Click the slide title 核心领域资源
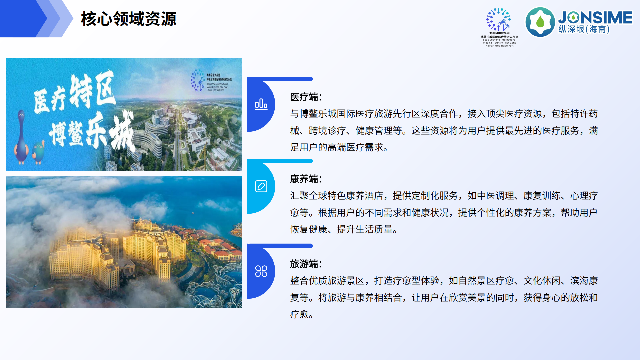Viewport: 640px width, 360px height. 129,19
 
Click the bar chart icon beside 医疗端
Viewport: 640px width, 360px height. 261,104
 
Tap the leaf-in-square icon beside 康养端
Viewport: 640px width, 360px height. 261,186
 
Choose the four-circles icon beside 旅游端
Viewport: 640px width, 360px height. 261,271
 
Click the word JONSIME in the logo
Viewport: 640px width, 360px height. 595,17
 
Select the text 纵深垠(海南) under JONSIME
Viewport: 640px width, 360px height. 584,29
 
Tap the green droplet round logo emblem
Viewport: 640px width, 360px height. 540,22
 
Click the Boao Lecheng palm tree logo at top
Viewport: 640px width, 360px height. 499,20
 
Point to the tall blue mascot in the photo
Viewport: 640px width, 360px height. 21,137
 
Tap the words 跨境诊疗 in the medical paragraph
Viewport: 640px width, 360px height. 327,131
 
